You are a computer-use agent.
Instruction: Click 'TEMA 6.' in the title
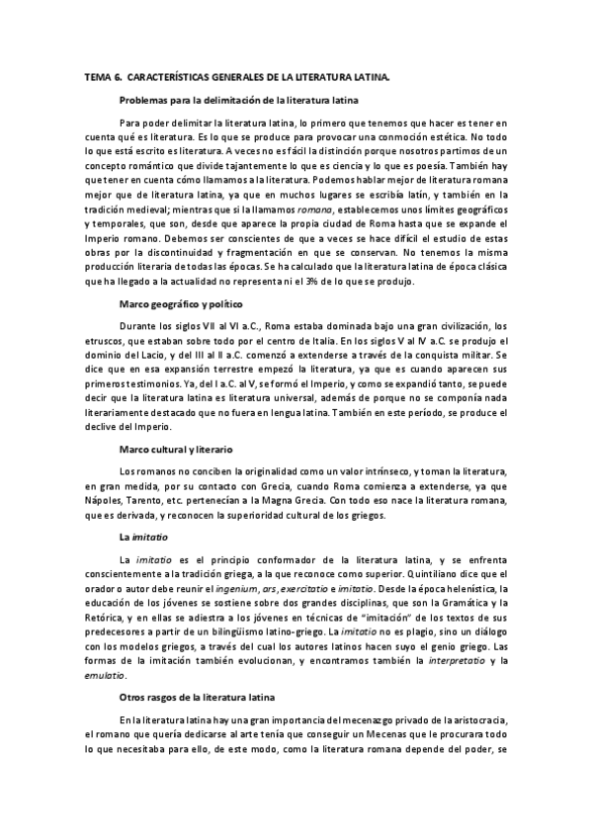(101, 75)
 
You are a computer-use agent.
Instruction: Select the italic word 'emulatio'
(105, 674)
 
